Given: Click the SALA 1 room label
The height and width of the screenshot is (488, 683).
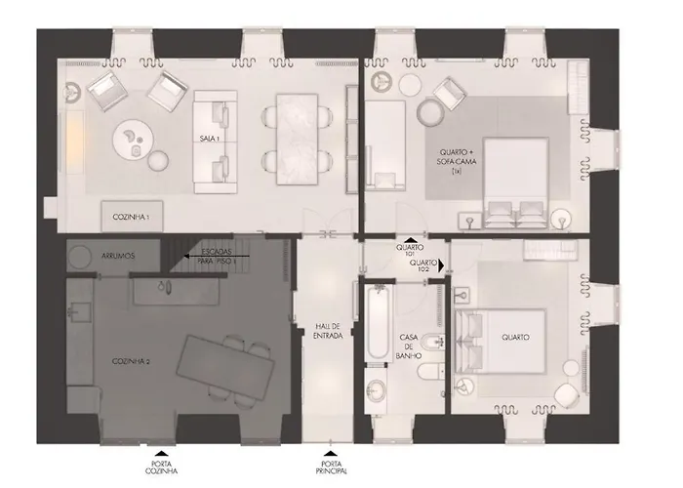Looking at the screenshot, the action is click(209, 139).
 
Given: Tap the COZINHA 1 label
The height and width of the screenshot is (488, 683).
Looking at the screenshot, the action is click(131, 217).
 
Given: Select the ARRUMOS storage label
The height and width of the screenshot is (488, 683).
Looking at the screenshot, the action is click(118, 256).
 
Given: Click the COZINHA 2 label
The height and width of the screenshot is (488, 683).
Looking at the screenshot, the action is click(131, 362).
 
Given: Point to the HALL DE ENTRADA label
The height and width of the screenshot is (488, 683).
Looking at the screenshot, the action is click(328, 331).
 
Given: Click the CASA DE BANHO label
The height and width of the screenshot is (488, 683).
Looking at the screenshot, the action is click(409, 346).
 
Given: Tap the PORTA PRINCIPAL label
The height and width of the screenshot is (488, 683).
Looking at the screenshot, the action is click(331, 468).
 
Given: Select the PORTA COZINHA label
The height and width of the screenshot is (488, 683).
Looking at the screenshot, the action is click(161, 468).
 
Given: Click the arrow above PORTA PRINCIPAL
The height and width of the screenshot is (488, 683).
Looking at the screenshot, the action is click(331, 454).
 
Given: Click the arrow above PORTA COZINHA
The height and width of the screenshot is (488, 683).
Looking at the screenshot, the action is click(162, 454).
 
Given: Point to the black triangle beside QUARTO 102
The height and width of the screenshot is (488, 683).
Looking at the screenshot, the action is click(441, 265).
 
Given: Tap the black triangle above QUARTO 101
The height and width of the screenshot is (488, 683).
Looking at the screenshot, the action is click(410, 240).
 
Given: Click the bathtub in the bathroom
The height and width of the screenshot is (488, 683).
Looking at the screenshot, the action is click(378, 322).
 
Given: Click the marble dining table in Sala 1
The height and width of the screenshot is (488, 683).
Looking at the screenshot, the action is click(297, 140).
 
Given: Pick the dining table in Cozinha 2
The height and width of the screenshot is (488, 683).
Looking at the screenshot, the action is click(225, 369).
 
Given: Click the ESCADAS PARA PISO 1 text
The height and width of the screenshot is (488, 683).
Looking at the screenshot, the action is click(217, 257).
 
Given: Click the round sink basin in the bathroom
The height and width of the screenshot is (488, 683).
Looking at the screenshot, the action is click(376, 388).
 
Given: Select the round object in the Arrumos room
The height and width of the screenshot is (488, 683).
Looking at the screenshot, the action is click(80, 257).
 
